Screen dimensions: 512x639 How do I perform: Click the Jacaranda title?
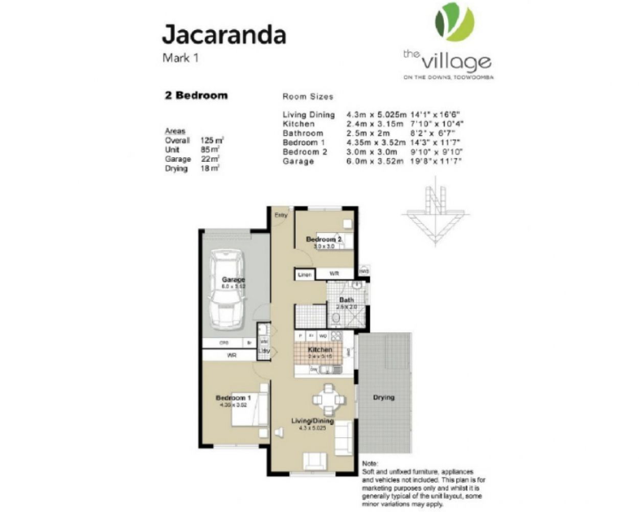[224, 35]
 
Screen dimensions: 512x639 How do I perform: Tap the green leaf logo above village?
[454, 22]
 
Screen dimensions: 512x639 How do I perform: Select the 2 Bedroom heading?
[196, 96]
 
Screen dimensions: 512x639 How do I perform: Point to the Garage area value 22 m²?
[210, 159]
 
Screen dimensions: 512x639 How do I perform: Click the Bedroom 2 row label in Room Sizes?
[305, 152]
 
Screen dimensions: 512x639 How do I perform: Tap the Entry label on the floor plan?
[281, 216]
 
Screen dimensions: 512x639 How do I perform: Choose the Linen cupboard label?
[305, 275]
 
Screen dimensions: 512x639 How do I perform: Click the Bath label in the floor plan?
[347, 300]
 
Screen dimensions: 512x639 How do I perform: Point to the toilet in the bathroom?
[336, 319]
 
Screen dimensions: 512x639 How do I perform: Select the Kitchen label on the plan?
[320, 350]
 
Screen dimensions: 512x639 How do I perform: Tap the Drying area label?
[383, 397]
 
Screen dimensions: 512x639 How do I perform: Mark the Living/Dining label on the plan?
[312, 421]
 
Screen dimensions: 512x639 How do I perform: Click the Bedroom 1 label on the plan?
[233, 398]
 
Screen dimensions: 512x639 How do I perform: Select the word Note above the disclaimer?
[370, 463]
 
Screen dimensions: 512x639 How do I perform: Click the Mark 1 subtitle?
[180, 58]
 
